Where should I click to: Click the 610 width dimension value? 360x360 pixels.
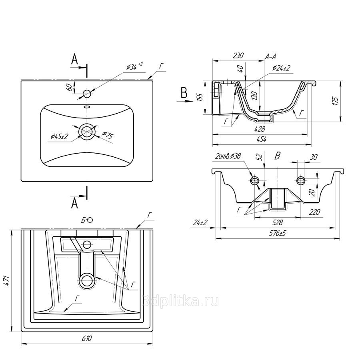pyautogui.click(x=87, y=339)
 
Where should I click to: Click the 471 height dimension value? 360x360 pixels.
pyautogui.click(x=6, y=280)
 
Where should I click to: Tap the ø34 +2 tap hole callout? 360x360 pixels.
pyautogui.click(x=134, y=66)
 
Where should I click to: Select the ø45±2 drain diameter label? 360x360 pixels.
pyautogui.click(x=60, y=137)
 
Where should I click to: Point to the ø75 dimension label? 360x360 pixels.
pyautogui.click(x=107, y=135)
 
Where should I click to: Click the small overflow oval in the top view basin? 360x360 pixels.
pyautogui.click(x=87, y=107)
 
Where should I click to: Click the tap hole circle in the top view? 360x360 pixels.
pyautogui.click(x=87, y=94)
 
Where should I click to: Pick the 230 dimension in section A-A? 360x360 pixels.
pyautogui.click(x=238, y=56)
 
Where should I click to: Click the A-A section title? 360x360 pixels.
pyautogui.click(x=270, y=57)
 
